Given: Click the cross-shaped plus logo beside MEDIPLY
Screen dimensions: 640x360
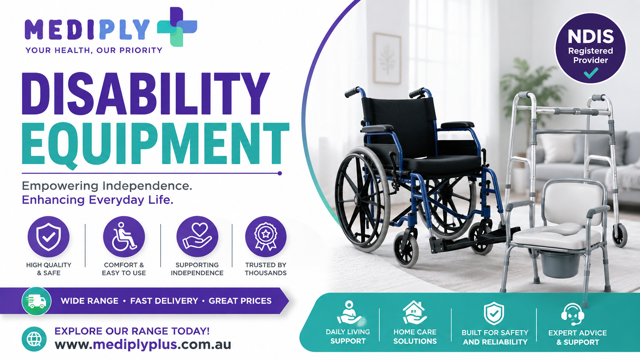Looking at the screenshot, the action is coord(177,27).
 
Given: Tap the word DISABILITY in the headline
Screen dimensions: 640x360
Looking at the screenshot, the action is coord(146,94).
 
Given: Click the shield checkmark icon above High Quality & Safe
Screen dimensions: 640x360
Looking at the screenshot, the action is coord(49,237).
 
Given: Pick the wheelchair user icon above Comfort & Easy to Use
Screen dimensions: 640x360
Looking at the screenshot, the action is coord(124,237).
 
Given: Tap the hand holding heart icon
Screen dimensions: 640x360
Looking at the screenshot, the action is coord(198,237).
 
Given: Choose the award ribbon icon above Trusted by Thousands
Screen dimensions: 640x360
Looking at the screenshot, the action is coord(266,237).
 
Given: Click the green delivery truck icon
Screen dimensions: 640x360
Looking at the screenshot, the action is coord(37,301).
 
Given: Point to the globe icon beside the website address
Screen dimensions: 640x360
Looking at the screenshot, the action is coord(34,339).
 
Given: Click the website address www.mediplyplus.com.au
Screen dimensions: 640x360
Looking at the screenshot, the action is coord(143,345).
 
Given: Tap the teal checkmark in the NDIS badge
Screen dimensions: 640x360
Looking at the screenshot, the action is coord(591,73).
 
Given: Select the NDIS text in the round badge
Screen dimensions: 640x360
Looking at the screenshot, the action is coord(591,37).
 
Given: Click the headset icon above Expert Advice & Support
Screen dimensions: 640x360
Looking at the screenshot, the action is coord(573,314).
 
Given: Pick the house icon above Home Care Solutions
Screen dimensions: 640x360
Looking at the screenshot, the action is coord(415,313).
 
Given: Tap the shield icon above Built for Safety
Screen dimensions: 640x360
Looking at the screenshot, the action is coord(494,313).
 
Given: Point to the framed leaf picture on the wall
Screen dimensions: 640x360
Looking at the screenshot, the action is coord(387,59).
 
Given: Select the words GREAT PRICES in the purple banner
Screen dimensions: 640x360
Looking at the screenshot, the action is coord(240,301).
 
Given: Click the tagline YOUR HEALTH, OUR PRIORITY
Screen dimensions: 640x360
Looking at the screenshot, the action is coord(94,50).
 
